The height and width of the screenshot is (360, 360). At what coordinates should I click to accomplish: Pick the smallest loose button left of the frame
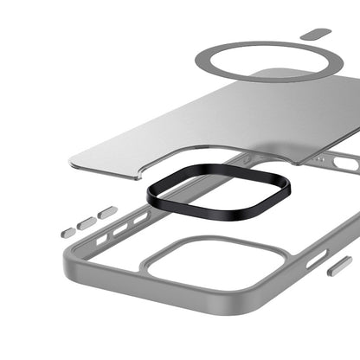click(x=67, y=232)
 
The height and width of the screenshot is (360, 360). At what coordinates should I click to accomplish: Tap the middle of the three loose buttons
click(x=86, y=223)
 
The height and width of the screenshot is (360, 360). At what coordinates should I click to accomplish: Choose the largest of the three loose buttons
click(x=106, y=212)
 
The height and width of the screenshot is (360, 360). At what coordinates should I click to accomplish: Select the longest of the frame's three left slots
click(x=139, y=218)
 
